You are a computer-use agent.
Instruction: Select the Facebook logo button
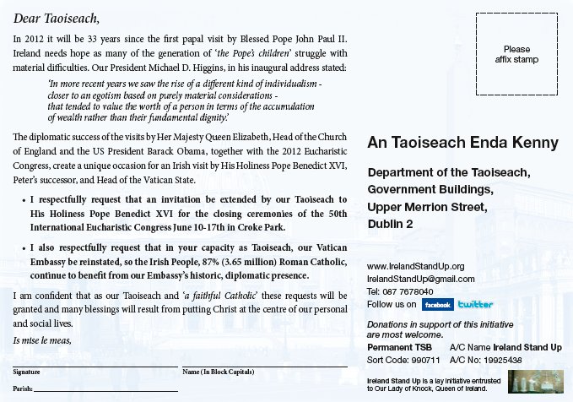coord(437,304)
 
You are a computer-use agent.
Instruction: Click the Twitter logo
coord(475,304)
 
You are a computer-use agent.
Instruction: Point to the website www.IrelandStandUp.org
coord(416,266)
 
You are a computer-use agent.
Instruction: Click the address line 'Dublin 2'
coord(391,224)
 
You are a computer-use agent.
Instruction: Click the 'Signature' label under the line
coord(27,372)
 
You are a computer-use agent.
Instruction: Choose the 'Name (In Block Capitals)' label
coord(219,372)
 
